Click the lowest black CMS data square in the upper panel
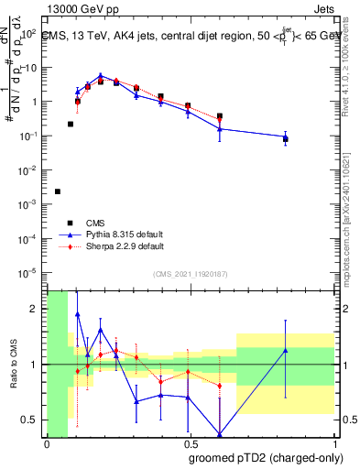(58, 191)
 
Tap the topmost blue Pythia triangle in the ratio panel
(77, 314)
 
